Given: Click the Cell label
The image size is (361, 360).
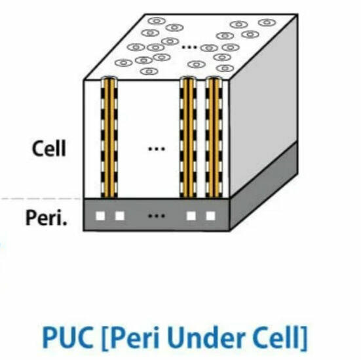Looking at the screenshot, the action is (48, 148).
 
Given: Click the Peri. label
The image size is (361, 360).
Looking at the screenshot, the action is (47, 218).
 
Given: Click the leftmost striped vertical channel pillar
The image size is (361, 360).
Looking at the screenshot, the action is (109, 137).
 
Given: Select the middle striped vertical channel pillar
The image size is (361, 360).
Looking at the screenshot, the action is (188, 137).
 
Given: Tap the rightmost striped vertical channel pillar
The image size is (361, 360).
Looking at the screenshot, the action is (214, 137).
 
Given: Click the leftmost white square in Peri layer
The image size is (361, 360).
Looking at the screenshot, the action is (100, 216).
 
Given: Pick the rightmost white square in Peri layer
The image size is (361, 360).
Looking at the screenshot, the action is (210, 216).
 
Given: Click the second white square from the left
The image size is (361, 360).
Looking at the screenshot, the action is (120, 216).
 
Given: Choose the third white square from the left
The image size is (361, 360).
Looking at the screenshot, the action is (191, 216).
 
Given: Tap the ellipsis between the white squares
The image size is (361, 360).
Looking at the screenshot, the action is (157, 216).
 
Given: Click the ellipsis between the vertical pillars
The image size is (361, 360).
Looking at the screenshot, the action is (157, 149).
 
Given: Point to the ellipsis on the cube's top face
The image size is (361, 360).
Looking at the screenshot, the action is (189, 47).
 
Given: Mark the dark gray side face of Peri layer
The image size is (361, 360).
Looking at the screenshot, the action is (264, 186).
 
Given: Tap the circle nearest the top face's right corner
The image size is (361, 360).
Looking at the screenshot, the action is (267, 22).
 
